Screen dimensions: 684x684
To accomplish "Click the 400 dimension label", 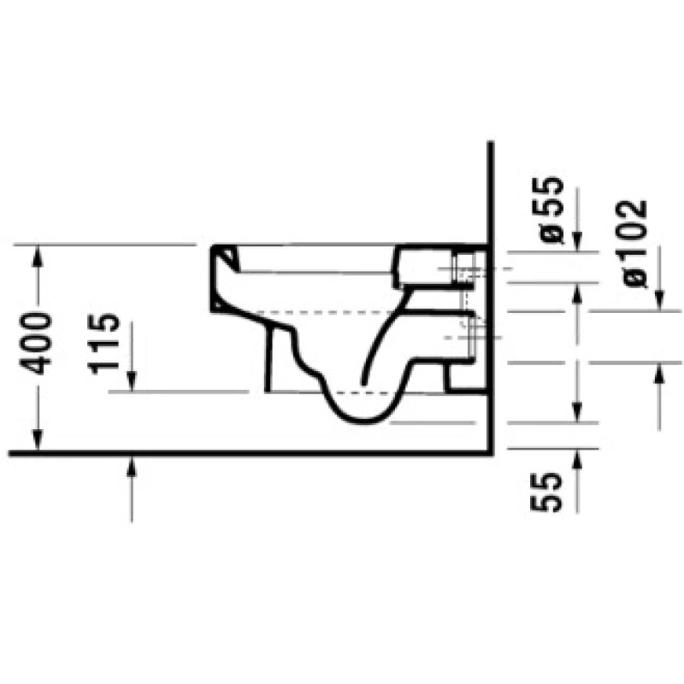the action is point(36,344).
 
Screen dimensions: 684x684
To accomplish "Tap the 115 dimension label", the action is point(103,344).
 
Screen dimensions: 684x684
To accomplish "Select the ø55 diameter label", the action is point(547,209).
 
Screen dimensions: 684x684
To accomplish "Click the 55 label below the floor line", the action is point(546,492).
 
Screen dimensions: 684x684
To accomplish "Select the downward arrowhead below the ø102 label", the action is point(658,301).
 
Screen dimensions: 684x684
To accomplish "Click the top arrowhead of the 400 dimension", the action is point(38,256).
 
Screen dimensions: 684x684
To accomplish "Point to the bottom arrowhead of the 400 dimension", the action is point(38,439).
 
